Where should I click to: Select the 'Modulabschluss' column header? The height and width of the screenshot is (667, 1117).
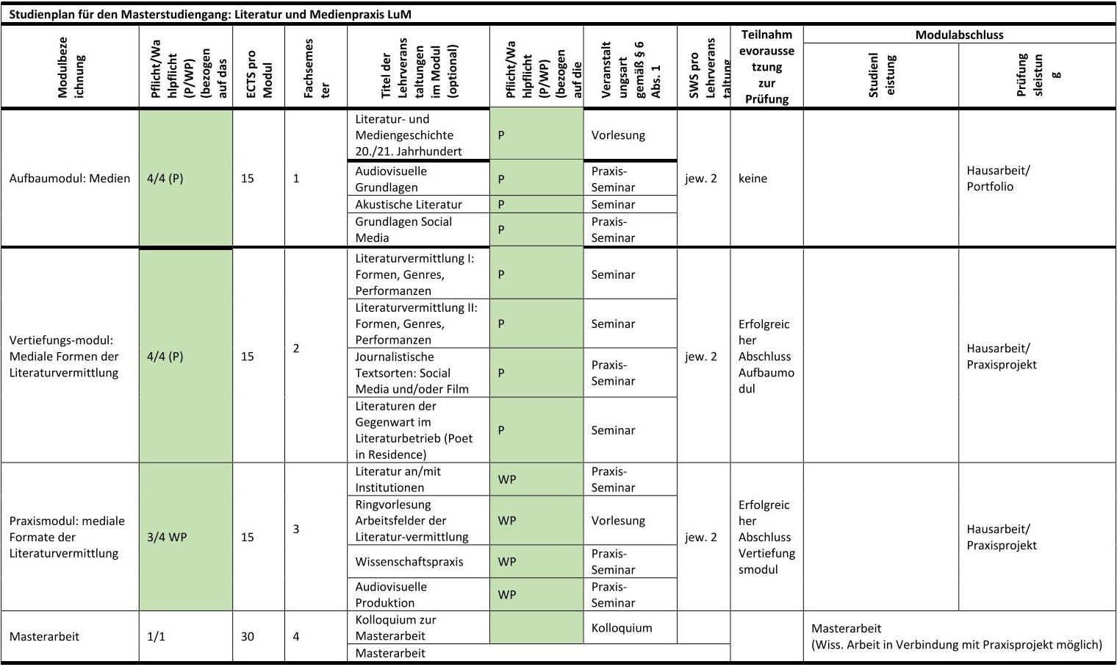coord(959,35)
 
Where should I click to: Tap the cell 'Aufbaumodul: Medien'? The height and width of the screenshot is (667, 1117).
coord(70,179)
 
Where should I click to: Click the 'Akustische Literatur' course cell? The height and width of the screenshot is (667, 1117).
coord(409,204)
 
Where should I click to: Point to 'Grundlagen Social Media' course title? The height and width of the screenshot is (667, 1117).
coord(403,229)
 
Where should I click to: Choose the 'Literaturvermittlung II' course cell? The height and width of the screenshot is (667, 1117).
coord(416,324)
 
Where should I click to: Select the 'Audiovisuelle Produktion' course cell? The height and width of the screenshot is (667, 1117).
coord(391,594)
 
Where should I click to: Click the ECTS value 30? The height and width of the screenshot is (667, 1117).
coord(248,636)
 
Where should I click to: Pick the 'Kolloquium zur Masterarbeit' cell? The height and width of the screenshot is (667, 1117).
coord(395,627)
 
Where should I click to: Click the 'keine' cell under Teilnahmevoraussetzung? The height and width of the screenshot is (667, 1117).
coord(753,179)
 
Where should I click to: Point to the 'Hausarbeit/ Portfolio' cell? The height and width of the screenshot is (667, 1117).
coord(998,179)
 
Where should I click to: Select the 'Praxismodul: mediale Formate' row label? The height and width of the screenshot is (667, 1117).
coord(67,537)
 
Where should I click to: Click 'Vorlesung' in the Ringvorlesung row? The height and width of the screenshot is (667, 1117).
coord(618,521)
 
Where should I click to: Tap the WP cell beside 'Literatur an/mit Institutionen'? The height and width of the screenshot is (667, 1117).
coord(507,479)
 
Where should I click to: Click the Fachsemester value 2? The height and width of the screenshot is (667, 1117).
coord(296,349)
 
